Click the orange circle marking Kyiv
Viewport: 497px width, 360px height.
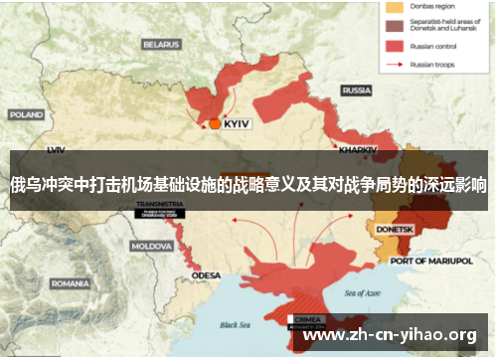[x=215, y=124]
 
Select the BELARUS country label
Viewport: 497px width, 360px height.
[x=160, y=45]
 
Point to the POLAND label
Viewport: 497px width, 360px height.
[x=26, y=114]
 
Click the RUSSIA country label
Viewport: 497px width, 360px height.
[x=356, y=90]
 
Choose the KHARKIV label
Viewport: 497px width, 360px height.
[x=358, y=149]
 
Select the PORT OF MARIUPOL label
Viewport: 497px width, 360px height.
[x=430, y=261]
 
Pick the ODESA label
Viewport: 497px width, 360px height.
[x=207, y=275]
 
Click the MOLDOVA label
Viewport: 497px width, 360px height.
[x=152, y=245]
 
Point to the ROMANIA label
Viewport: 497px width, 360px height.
[x=69, y=283]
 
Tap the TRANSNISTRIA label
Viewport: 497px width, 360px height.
[x=159, y=204]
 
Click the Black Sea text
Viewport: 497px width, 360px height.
[x=237, y=324]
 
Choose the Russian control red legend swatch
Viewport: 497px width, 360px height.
[x=394, y=46]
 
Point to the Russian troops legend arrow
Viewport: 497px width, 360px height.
[x=394, y=65]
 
